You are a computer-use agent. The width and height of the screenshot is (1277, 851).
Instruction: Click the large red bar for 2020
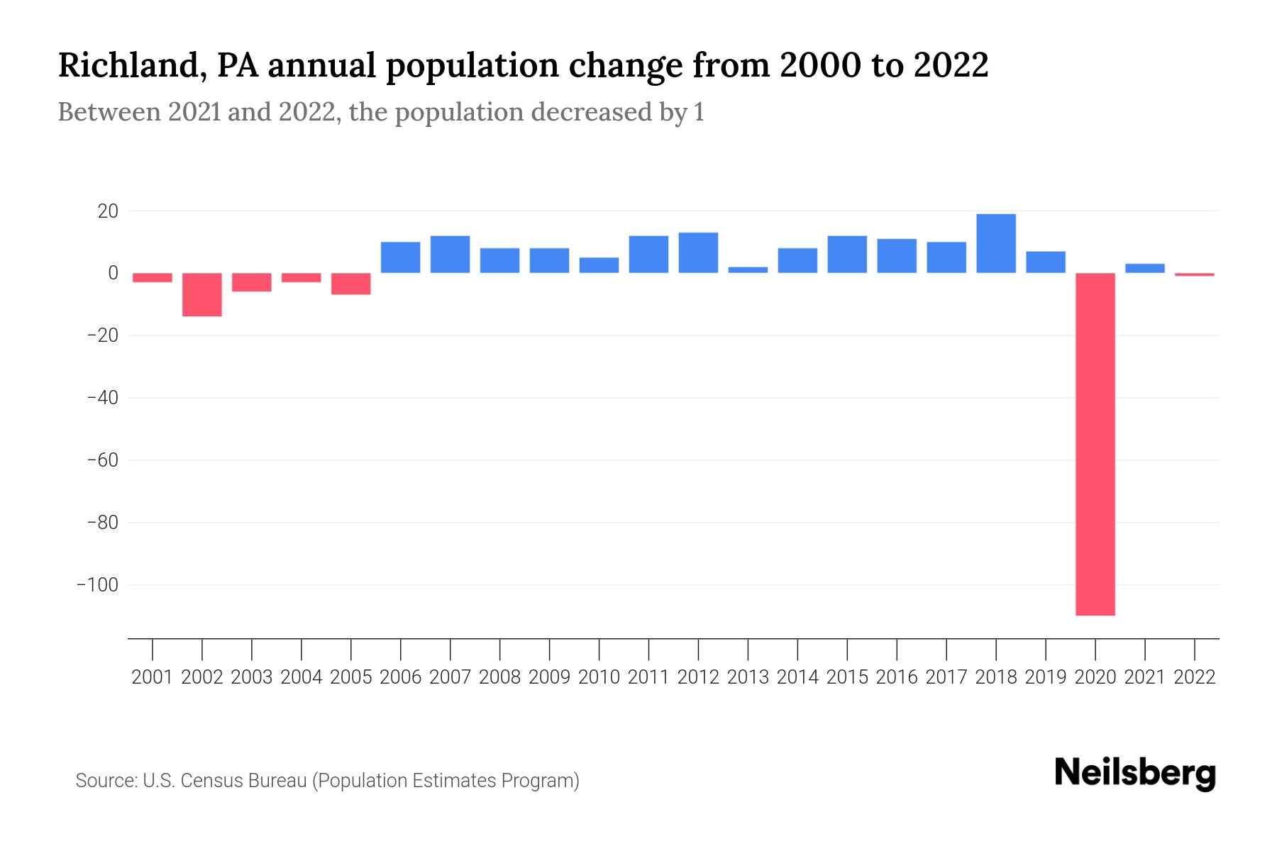[1095, 444]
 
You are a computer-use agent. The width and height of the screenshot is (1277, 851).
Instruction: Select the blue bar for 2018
[996, 243]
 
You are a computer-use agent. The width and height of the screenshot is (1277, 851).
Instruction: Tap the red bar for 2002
[202, 294]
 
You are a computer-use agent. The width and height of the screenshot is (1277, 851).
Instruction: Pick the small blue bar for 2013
[748, 269]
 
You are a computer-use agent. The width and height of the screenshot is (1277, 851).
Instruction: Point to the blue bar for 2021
[1145, 268]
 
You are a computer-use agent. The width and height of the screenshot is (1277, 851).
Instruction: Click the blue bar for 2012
[698, 252]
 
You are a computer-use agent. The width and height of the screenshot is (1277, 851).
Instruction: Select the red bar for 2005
[351, 284]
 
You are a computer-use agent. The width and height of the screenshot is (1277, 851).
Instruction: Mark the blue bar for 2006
[401, 257]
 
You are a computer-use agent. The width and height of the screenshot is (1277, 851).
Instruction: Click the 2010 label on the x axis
[599, 677]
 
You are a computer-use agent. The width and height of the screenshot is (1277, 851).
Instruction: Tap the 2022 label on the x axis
[1195, 677]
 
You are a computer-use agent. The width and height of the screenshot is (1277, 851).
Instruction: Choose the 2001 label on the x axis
[153, 677]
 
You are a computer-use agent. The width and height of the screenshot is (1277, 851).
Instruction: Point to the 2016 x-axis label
[897, 677]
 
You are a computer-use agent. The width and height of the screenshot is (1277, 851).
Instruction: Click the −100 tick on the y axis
[98, 585]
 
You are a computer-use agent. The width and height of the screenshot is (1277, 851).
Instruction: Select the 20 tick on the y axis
[108, 211]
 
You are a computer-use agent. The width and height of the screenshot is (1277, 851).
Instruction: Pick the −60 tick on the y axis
[102, 460]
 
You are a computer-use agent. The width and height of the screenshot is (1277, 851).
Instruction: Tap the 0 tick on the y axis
[113, 273]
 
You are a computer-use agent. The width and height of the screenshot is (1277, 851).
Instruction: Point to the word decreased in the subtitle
[591, 112]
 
